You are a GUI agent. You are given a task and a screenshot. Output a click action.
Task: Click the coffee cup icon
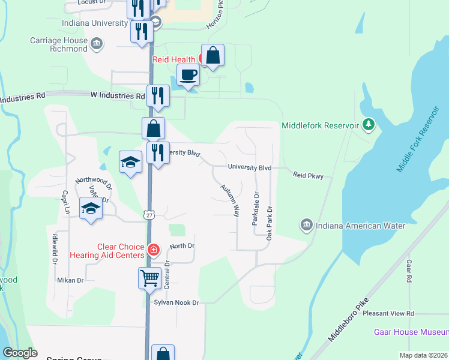pos(188,76)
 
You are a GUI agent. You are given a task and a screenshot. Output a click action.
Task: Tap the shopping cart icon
pos(149,278)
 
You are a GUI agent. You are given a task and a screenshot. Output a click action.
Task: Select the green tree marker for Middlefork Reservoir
pos(369,125)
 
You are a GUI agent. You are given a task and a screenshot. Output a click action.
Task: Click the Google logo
pos(20,353)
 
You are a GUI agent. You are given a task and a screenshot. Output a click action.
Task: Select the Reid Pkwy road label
pos(309,176)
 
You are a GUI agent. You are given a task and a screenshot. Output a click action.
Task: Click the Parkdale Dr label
pos(255,208)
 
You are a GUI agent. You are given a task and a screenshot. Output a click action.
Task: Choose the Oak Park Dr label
pos(270,224)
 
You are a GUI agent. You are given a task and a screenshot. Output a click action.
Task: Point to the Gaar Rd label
pos(408,271)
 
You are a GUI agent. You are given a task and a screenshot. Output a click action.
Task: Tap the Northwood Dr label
pos(94,182)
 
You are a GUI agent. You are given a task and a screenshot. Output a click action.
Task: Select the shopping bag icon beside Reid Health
pos(212,56)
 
